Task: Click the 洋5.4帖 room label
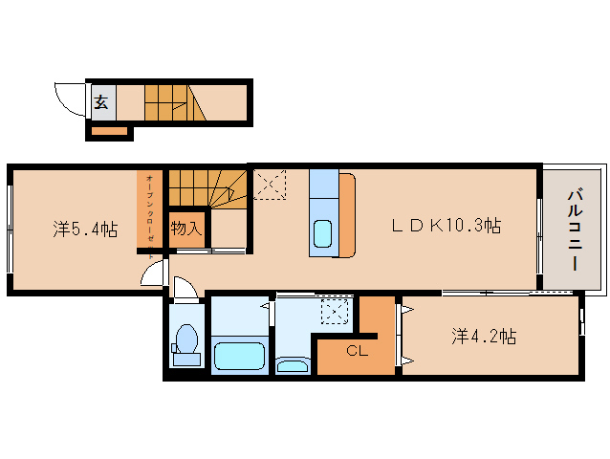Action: [85, 229]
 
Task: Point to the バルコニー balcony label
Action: [575, 229]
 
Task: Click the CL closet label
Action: [356, 351]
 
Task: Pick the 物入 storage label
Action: [185, 229]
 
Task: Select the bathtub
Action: [238, 356]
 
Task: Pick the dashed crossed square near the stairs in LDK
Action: [272, 185]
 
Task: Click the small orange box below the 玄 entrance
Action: [108, 131]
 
